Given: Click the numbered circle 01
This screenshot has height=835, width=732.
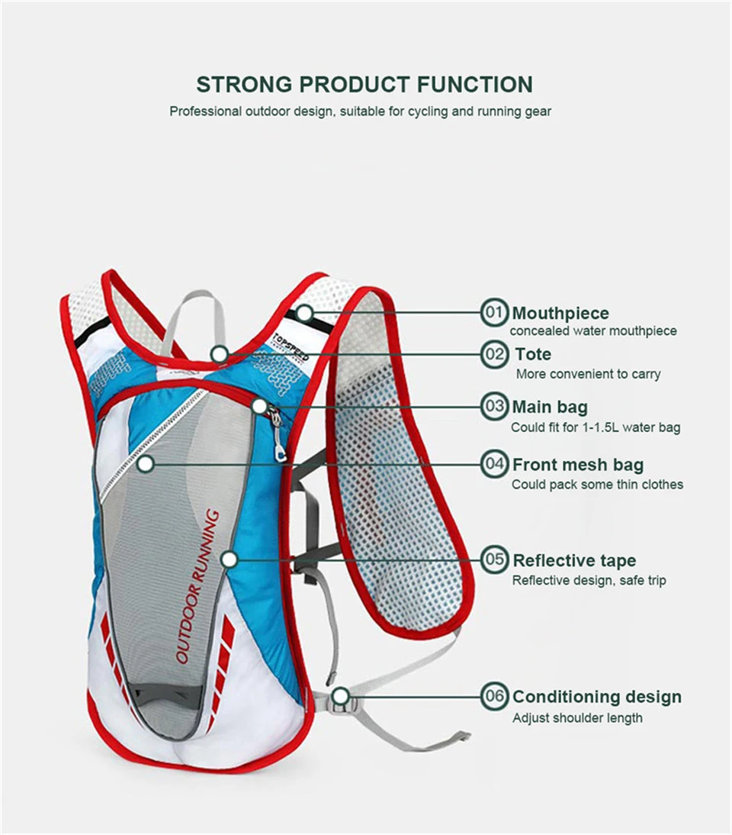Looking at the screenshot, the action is point(495,312).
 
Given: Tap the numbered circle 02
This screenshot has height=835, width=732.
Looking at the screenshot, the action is point(495,354).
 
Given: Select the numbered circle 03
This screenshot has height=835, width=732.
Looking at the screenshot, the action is point(495,406).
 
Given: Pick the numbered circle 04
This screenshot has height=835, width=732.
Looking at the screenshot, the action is point(495,464).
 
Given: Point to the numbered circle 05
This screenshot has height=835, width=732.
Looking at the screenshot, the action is point(495,560).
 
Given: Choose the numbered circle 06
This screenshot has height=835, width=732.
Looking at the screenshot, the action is point(495,696).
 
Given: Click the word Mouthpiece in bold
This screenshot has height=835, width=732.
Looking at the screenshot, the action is point(560,313).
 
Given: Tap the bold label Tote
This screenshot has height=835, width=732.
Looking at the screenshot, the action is point(533,354).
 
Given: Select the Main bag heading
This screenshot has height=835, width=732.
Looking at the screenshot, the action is point(550,407).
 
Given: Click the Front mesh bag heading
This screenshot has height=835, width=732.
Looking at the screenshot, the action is point(577,465).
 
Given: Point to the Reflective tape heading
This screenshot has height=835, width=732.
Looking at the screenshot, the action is point(574,561).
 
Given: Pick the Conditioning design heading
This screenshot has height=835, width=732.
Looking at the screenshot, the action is point(597,697).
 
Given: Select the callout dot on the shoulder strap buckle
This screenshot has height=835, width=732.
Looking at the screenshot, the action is point(341,695).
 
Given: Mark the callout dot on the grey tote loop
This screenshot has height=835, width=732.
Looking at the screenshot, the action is point(220,353).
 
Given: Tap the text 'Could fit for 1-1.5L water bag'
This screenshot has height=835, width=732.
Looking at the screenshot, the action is point(596,427).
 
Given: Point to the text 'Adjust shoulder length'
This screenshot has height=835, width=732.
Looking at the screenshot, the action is point(577,717).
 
